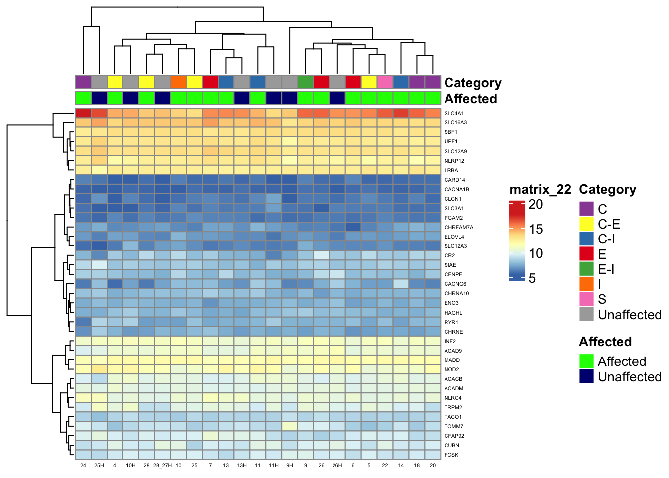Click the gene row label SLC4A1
click(454, 113)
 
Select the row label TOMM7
click(453, 426)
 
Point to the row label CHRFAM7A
click(458, 227)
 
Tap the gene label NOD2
click(451, 369)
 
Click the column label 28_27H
click(162, 465)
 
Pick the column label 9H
click(290, 465)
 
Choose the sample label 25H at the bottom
click(99, 465)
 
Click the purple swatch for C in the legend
click(587, 209)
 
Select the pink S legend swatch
click(587, 299)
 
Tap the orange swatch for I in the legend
click(587, 284)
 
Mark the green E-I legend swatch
click(587, 269)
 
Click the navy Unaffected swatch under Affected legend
click(587, 376)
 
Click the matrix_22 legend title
click(540, 190)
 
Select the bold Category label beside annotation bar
click(472, 83)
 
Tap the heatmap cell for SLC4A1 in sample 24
click(83, 113)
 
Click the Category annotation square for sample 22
click(385, 82)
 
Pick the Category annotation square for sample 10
click(178, 82)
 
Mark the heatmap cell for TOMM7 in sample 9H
click(290, 426)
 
